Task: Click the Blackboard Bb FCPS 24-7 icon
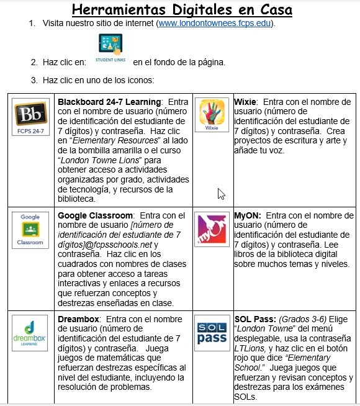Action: pyautogui.click(x=30, y=119)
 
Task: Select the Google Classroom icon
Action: pyautogui.click(x=30, y=230)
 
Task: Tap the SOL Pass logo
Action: pyautogui.click(x=212, y=333)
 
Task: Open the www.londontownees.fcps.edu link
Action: pyautogui.click(x=215, y=23)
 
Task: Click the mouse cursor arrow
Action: pyautogui.click(x=220, y=194)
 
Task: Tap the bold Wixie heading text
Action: pyautogui.click(x=246, y=101)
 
